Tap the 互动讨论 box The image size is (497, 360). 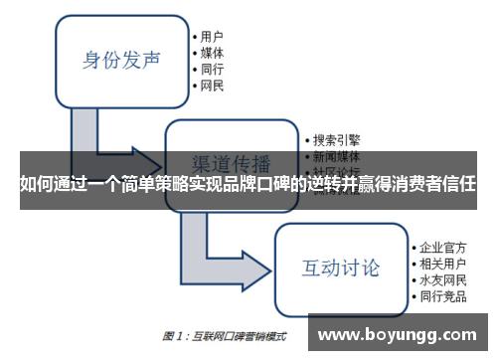click(340, 268)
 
